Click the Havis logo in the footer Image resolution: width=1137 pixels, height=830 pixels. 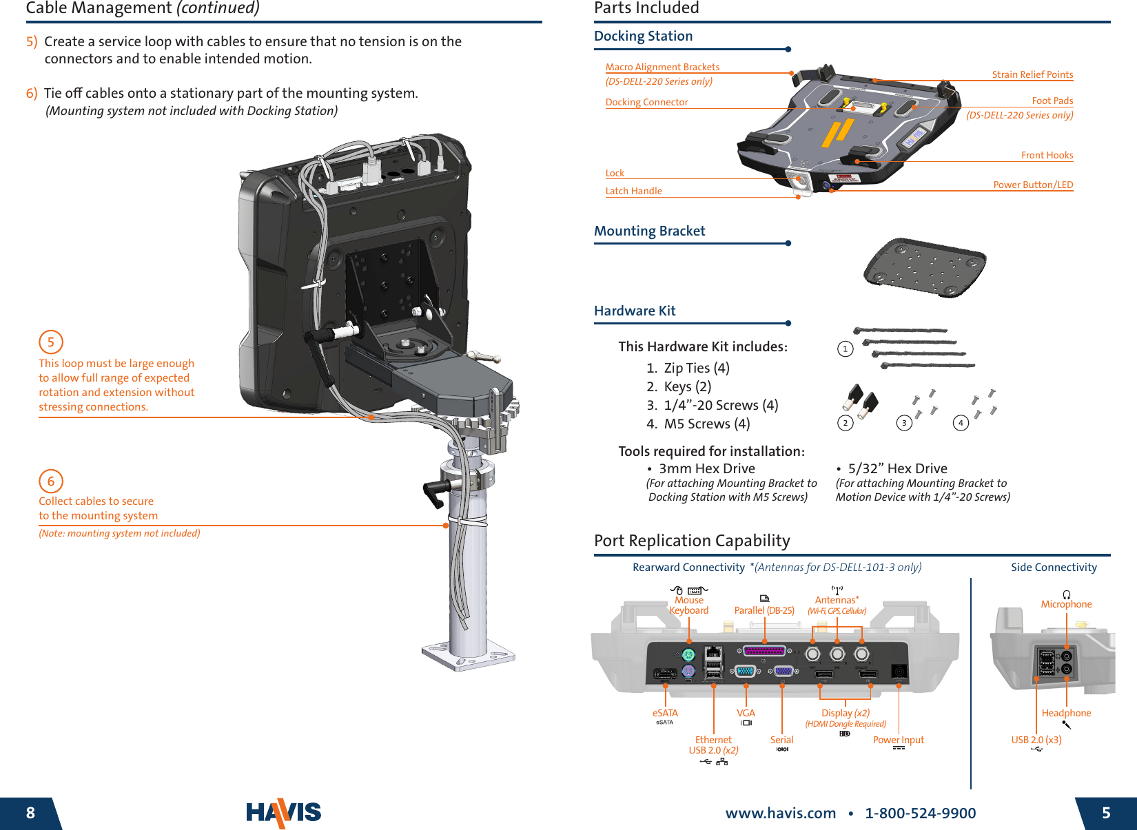pos(284,813)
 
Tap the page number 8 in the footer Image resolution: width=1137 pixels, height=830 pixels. pos(30,813)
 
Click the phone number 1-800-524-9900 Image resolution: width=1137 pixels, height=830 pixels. pos(920,813)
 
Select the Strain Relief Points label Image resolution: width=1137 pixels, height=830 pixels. pos(1032,74)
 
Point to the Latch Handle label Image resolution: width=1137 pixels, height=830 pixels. pos(633,191)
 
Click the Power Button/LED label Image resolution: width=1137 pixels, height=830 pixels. pos(1033,185)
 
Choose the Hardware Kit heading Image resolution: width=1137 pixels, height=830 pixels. pos(635,311)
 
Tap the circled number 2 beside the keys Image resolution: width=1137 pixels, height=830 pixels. pos(846,423)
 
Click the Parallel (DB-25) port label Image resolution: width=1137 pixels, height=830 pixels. pos(764,610)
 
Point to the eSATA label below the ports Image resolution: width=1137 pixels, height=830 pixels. pos(665,713)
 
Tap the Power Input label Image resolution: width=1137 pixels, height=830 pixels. pos(898,740)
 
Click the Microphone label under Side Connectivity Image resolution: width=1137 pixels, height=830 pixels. pos(1066,604)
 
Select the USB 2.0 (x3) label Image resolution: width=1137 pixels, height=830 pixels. pos(1036,740)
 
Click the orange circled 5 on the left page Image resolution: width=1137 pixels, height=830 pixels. pos(51,342)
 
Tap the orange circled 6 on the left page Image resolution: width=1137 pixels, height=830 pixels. pos(51,481)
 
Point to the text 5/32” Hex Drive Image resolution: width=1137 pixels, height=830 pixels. pos(897,468)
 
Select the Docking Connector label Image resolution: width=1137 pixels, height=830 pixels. pos(646,102)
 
